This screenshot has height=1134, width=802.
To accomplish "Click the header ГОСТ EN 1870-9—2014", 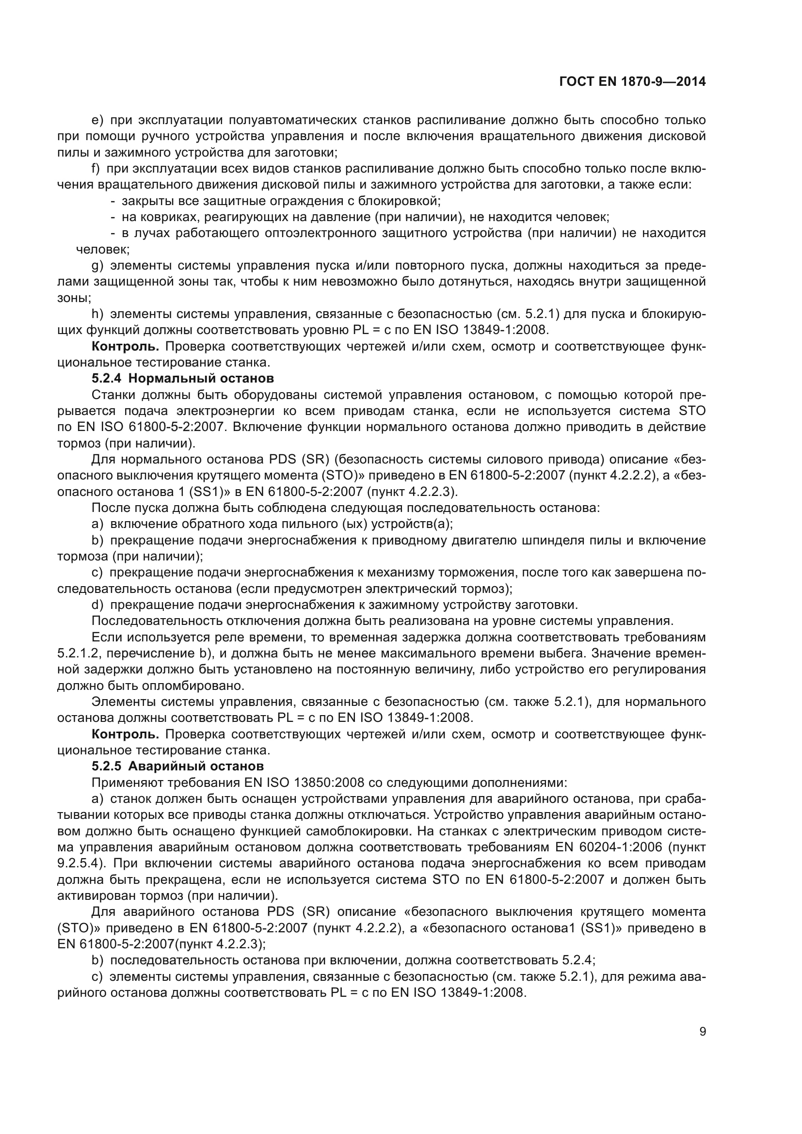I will point(632,82).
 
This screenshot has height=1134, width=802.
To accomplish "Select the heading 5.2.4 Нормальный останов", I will point(182,379).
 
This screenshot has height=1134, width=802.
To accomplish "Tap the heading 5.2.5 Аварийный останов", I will point(177,766).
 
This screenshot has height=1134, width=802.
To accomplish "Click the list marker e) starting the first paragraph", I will point(97,120).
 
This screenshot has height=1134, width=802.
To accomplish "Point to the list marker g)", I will point(97,266).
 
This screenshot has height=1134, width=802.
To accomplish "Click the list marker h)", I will point(97,314).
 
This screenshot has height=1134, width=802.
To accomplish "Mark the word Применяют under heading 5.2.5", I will point(128,783).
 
